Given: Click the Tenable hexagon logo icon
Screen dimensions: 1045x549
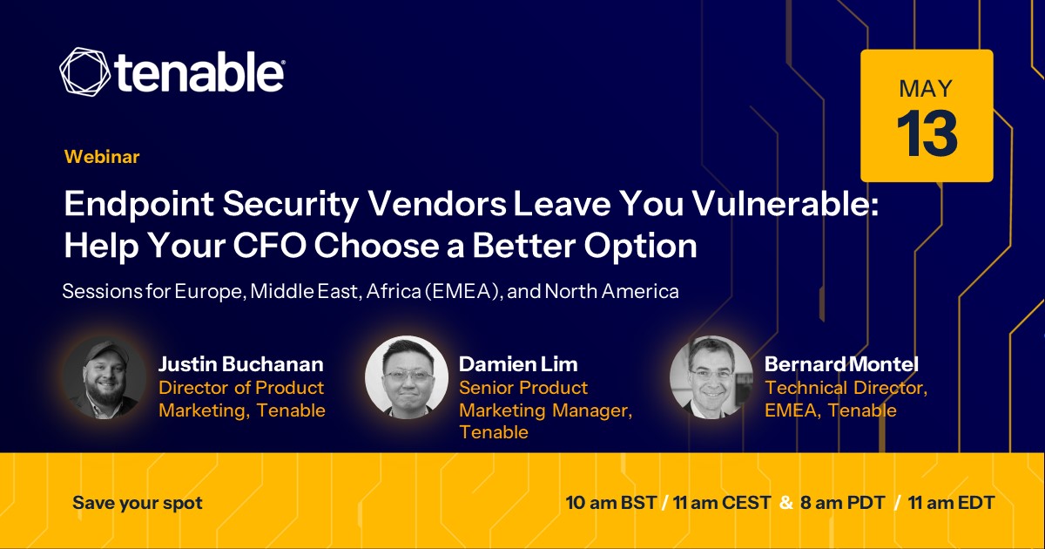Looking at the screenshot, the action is coord(85,71).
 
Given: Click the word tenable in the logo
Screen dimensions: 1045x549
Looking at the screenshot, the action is coord(199,71).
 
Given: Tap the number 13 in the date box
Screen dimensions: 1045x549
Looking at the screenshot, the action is coord(927,134).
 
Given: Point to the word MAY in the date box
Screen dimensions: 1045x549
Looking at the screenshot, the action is coord(926,88).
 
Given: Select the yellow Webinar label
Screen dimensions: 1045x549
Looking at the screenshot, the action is coord(102,157).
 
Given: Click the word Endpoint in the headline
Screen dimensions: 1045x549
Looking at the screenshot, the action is coord(139,205).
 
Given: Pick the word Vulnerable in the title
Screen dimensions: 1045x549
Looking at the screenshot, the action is coord(785,204).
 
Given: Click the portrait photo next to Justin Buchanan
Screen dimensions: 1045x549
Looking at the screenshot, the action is coord(104,378).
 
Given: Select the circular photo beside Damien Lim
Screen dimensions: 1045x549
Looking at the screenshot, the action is coord(407,377).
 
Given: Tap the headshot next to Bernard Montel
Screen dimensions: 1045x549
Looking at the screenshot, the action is coord(711,377).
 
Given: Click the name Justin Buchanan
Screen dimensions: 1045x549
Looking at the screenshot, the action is coord(241,364).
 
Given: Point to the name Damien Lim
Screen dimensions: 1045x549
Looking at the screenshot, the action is coord(518,364).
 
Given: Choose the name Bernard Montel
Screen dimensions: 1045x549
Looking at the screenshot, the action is coord(841,364).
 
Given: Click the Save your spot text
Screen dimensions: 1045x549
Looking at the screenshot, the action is coord(138,504).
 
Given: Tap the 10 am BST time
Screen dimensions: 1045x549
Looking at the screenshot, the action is coord(611,503).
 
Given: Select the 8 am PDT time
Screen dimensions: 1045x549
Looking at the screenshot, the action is coord(843,503).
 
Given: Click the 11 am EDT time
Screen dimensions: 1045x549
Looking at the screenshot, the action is coord(952,503).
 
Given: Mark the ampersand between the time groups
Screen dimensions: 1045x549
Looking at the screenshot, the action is coord(786,503).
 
